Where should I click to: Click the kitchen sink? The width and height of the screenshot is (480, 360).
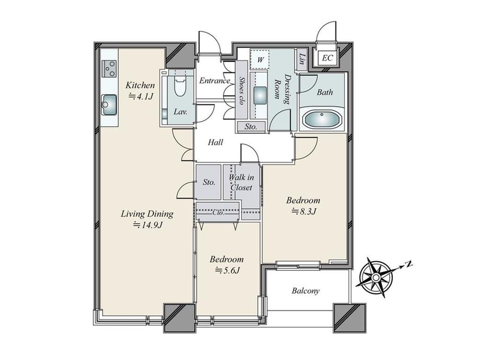pyautogui.click(x=109, y=105)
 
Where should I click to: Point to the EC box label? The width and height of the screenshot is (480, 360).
pyautogui.click(x=327, y=57)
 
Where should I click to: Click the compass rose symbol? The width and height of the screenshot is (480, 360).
pyautogui.click(x=376, y=278)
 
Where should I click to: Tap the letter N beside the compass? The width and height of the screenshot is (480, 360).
pyautogui.click(x=408, y=264)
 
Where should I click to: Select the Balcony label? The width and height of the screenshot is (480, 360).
pyautogui.click(x=306, y=291)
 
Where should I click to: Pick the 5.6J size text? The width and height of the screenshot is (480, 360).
pyautogui.click(x=227, y=270)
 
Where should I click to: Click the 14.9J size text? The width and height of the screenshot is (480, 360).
pyautogui.click(x=147, y=225)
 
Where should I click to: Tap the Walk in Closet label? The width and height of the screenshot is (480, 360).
pyautogui.click(x=241, y=183)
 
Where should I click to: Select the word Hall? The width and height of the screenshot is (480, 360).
pyautogui.click(x=215, y=142)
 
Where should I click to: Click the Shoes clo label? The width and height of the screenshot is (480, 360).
pyautogui.click(x=242, y=91)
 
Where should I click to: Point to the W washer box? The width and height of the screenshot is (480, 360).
pyautogui.click(x=260, y=59)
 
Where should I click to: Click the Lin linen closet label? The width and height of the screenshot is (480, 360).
pyautogui.click(x=303, y=58)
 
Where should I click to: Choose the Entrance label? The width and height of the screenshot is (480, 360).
pyautogui.click(x=214, y=80)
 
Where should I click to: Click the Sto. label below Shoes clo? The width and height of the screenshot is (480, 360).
pyautogui.click(x=251, y=126)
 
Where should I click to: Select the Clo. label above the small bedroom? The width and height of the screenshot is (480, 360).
pyautogui.click(x=218, y=212)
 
